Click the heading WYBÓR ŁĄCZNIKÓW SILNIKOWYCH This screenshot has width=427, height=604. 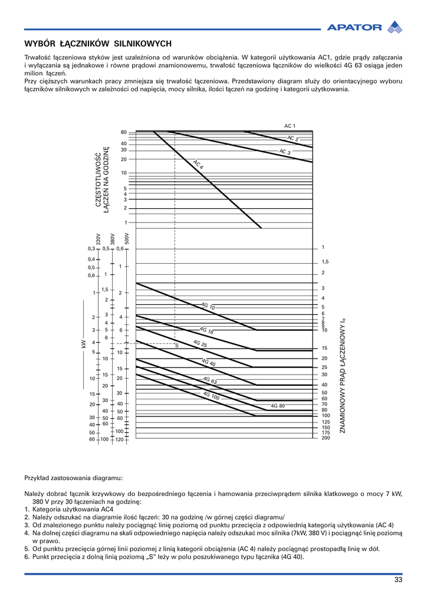tap(98, 44)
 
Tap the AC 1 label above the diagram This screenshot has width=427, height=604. tap(290, 126)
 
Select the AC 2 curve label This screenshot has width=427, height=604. tap(293, 139)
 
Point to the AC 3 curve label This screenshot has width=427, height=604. tap(285, 152)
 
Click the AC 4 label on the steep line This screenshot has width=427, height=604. tap(198, 165)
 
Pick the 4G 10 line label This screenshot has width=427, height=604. tap(208, 306)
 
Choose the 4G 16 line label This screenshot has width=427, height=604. tap(206, 331)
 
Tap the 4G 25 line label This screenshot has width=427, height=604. tap(200, 343)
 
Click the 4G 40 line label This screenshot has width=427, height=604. tap(208, 362)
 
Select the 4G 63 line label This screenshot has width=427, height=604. tap(210, 380)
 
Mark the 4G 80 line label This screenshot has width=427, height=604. tap(278, 406)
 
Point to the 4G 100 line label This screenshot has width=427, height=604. tap(211, 396)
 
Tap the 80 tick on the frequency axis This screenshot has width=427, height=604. tap(124, 132)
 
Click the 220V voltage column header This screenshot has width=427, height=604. tap(98, 238)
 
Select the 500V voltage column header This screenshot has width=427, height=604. tap(127, 238)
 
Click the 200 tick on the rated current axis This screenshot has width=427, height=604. tap(326, 438)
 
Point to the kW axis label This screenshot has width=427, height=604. tap(83, 343)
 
